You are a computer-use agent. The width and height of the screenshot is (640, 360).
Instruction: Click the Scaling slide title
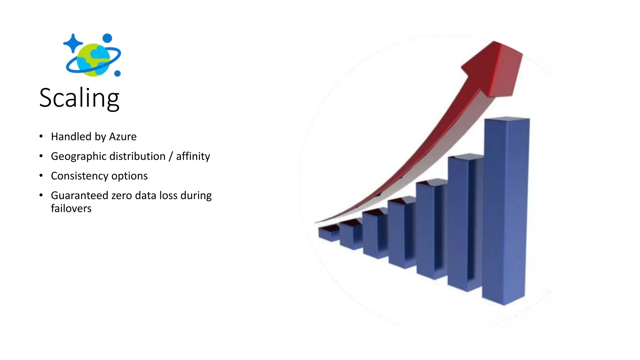pyautogui.click(x=79, y=98)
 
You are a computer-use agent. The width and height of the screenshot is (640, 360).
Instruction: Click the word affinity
pyautogui.click(x=193, y=156)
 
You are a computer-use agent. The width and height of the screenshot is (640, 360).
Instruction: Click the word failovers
pyautogui.click(x=71, y=208)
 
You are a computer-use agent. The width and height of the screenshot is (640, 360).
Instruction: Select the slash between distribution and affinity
pyautogui.click(x=171, y=157)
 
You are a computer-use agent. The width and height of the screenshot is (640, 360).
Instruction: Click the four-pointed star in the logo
pyautogui.click(x=72, y=43)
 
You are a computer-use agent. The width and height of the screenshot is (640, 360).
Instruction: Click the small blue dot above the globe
pyautogui.click(x=107, y=38)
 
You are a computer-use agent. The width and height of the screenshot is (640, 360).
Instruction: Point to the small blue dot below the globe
pyautogui.click(x=117, y=73)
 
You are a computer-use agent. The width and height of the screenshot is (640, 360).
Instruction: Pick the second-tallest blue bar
pyautogui.click(x=464, y=222)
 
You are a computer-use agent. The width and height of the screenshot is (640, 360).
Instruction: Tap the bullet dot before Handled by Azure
pyautogui.click(x=41, y=136)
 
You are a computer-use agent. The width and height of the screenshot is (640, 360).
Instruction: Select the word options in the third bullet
pyautogui.click(x=129, y=176)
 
